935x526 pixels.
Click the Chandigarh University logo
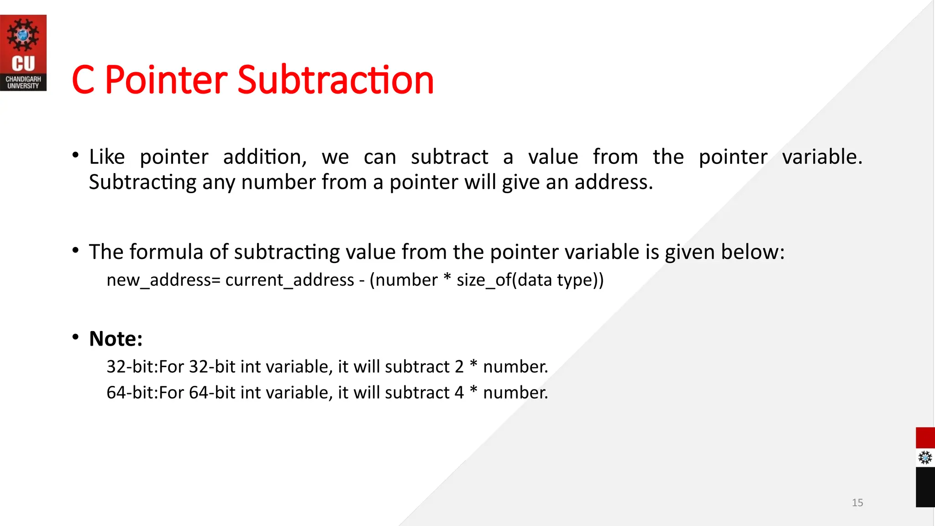point(23,53)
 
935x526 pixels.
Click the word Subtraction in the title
point(336,80)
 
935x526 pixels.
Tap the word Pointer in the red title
point(166,80)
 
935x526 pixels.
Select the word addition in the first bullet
point(265,157)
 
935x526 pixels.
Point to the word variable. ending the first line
point(822,157)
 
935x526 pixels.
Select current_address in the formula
point(289,280)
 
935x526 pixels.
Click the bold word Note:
point(116,339)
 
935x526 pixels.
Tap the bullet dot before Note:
point(75,337)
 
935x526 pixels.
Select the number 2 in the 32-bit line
point(459,367)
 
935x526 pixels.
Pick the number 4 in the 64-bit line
point(459,393)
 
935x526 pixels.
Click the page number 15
point(857,503)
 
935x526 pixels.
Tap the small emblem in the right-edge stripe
point(925,458)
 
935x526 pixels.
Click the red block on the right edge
point(925,438)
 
